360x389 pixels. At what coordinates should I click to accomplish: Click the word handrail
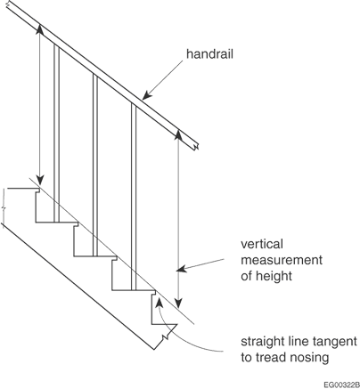pyautogui.click(x=209, y=54)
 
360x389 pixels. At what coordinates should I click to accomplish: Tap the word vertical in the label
pyautogui.click(x=262, y=244)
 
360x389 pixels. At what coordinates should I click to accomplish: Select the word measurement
pyautogui.click(x=282, y=260)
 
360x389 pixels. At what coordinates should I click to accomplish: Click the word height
pyautogui.click(x=274, y=276)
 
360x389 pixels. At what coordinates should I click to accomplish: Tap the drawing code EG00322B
pyautogui.click(x=341, y=385)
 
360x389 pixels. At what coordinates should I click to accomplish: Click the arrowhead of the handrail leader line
pyautogui.click(x=147, y=95)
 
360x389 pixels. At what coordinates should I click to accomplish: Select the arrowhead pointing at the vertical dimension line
pyautogui.click(x=181, y=269)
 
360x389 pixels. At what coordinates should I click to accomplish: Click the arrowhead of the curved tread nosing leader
pyautogui.click(x=160, y=303)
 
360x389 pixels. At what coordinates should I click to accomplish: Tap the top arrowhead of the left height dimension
pyautogui.click(x=40, y=29)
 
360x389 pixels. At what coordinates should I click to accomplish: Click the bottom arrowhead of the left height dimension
pyautogui.click(x=40, y=180)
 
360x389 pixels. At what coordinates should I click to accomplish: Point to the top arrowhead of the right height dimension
pyautogui.click(x=177, y=134)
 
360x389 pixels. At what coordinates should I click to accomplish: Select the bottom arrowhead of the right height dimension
pyautogui.click(x=178, y=303)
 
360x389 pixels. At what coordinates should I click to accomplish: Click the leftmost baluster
pyautogui.click(x=56, y=133)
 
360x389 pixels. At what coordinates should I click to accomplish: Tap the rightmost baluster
pyautogui.click(x=134, y=197)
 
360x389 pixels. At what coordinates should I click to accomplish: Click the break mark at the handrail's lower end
pyautogui.click(x=196, y=146)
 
